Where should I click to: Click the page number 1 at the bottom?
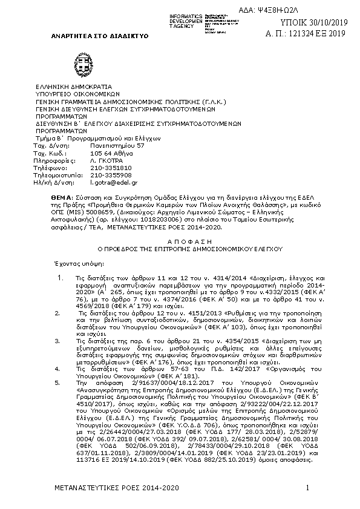point(307,488)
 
